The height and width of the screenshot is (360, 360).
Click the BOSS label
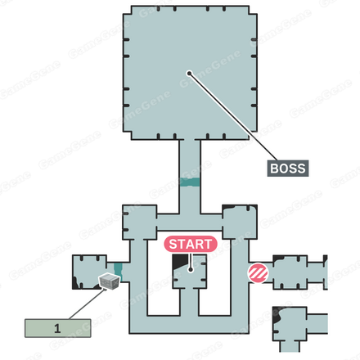coord(288,169)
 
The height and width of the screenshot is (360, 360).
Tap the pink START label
coord(191,244)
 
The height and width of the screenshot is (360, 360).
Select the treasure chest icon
coord(110,281)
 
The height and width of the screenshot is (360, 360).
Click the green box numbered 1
coord(58,328)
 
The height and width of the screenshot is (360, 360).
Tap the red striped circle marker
coord(258,273)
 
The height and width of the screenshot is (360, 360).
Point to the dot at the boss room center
coord(189,73)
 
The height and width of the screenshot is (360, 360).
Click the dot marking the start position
coord(191,270)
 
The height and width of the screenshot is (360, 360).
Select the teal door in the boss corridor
coord(190,182)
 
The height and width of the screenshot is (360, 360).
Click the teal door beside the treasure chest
coord(118,272)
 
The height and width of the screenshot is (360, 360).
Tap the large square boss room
coord(190,73)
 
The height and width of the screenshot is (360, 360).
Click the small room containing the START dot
coord(190,272)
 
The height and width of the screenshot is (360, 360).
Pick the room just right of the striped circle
coord(290,272)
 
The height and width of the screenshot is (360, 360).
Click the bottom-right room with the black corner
coord(290,324)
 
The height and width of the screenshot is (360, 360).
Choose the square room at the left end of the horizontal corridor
coord(140,223)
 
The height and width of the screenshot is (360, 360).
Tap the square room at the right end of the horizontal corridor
coord(240,222)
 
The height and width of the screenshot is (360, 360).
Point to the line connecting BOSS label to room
coord(233,117)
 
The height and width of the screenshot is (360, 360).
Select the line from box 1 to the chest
coord(88,304)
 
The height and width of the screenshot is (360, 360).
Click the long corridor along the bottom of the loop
coord(189,325)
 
